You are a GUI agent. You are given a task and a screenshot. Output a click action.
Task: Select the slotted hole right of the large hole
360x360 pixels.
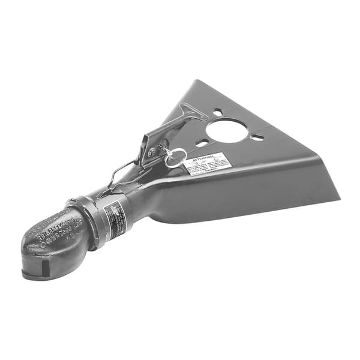[x=257, y=137]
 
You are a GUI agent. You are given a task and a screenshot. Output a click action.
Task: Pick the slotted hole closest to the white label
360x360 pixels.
[x=202, y=143]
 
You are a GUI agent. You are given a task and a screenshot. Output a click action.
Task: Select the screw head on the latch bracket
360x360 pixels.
[x=152, y=152]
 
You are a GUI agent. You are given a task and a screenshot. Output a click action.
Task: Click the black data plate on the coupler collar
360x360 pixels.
[x=114, y=219]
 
